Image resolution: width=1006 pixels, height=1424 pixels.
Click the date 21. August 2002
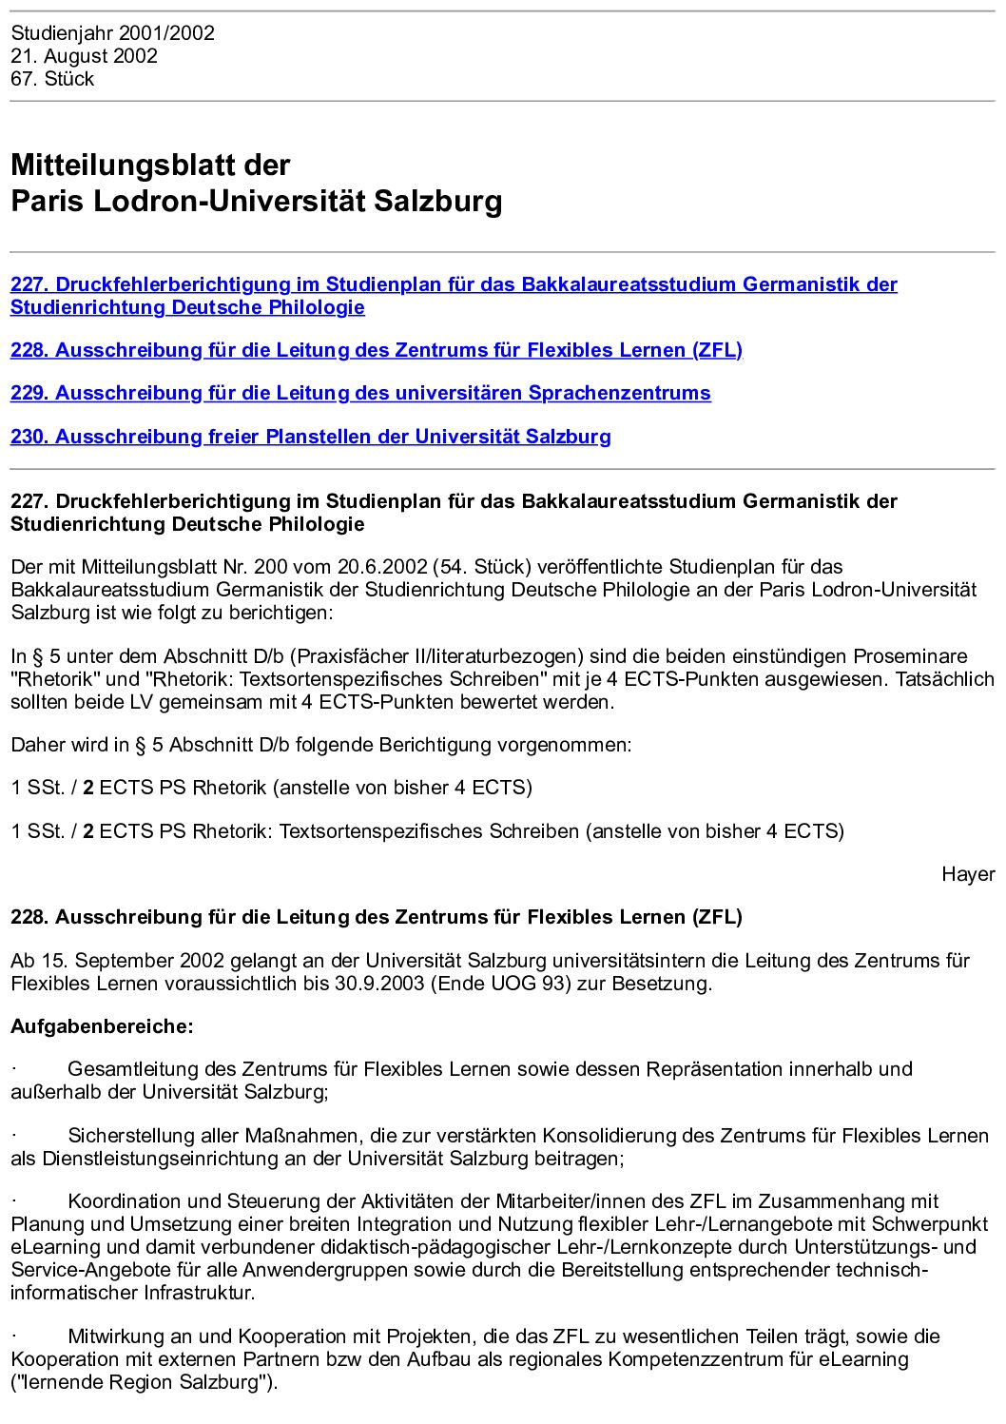tap(85, 56)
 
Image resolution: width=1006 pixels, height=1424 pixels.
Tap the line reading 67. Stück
tap(52, 79)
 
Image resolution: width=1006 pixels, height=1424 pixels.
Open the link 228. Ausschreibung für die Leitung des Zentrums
tap(377, 350)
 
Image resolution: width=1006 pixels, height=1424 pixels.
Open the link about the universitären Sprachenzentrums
tap(360, 393)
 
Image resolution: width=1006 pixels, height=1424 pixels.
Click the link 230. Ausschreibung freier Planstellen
tap(311, 437)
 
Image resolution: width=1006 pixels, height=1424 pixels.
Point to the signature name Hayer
tap(968, 874)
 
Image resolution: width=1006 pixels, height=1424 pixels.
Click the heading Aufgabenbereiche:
tap(102, 1026)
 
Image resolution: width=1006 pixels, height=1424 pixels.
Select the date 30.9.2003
tap(379, 984)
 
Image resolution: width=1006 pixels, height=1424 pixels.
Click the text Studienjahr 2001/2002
tap(113, 33)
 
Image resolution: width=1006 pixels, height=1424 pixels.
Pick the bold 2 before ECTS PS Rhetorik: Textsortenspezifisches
tap(88, 831)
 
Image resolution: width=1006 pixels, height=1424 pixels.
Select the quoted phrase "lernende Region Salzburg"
tap(143, 1382)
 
